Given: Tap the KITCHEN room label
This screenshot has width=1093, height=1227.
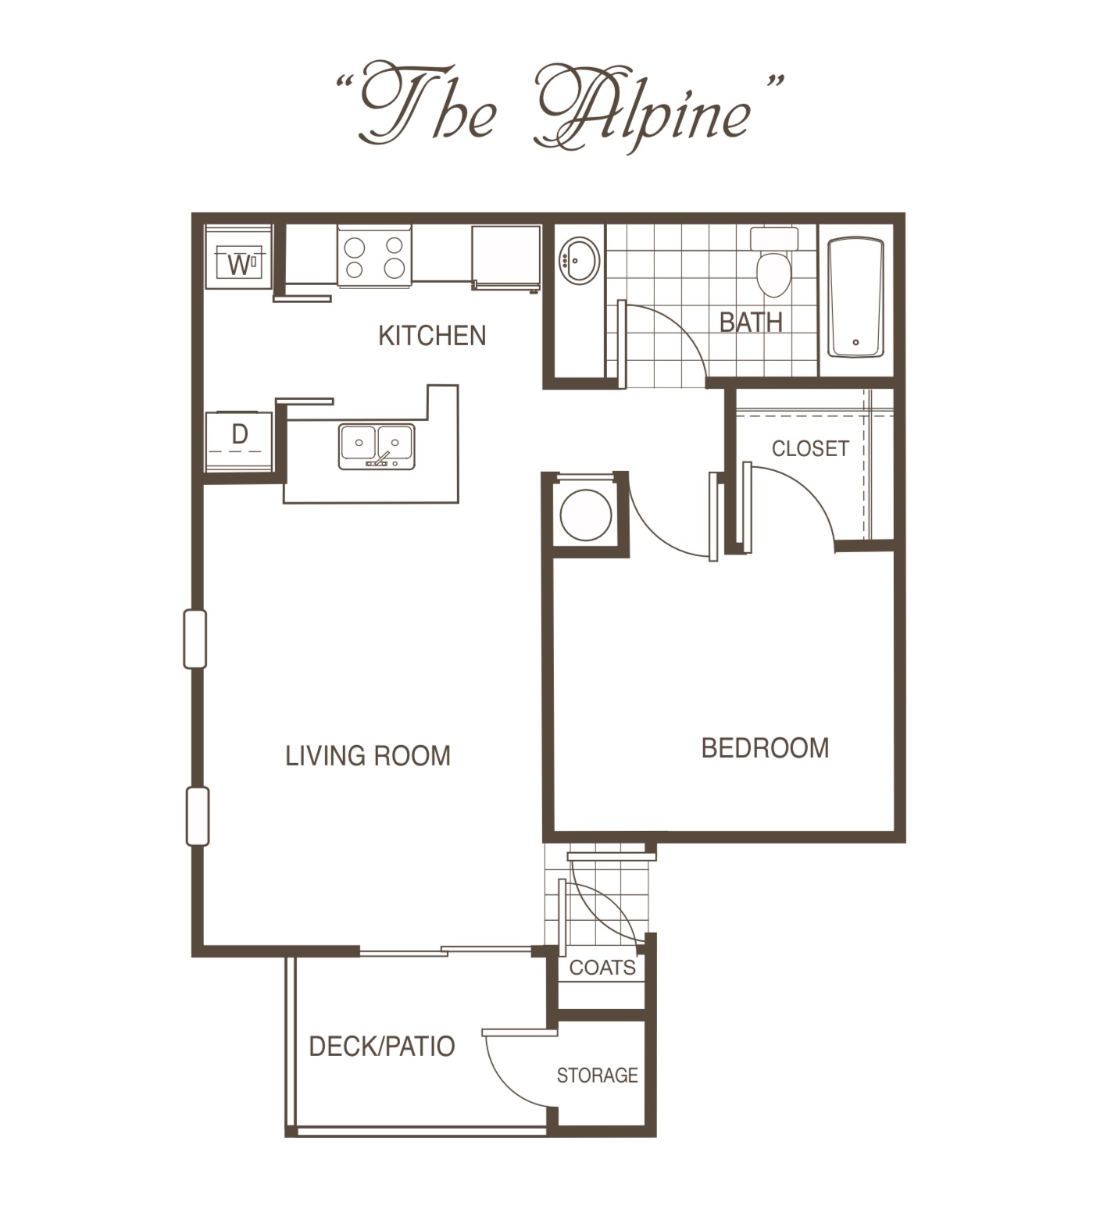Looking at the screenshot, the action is point(432,336).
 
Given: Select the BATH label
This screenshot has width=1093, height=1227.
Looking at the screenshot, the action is point(751,322).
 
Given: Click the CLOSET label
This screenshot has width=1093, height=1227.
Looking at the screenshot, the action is point(810,448).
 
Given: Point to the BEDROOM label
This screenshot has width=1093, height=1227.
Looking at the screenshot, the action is point(765,748).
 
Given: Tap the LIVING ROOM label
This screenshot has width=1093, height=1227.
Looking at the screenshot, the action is point(368,756).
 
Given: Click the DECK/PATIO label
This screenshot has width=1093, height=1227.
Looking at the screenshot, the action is point(382,1047).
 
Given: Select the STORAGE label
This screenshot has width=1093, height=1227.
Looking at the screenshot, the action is point(597,1075).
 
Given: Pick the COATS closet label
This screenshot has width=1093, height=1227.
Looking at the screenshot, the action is point(602,968).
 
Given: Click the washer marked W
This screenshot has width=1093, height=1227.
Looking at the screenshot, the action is point(239,258).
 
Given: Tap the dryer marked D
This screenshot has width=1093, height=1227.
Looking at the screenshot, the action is point(239,441).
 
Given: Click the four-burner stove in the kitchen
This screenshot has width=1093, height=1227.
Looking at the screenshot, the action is point(374,257).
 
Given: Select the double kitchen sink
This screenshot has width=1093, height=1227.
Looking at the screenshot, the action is point(377,445).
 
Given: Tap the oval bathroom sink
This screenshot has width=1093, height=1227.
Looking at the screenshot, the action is point(579,260).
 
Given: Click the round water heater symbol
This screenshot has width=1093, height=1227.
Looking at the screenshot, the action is point(586,515).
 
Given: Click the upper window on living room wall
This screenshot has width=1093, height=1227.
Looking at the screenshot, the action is point(195,639).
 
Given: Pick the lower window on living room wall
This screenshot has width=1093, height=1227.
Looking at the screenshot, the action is point(197,816).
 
